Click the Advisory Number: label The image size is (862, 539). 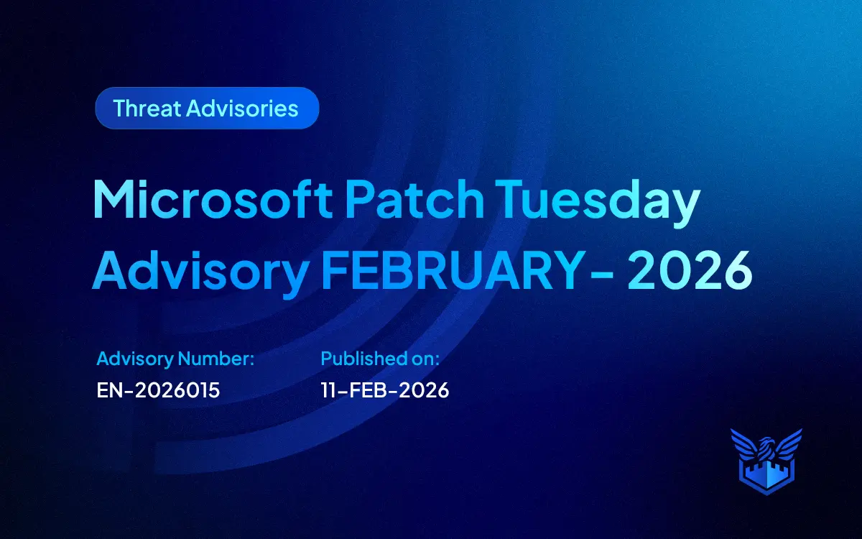[175, 358]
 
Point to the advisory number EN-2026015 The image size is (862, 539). [158, 390]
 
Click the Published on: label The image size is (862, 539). [379, 358]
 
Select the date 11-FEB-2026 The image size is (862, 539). [384, 390]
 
